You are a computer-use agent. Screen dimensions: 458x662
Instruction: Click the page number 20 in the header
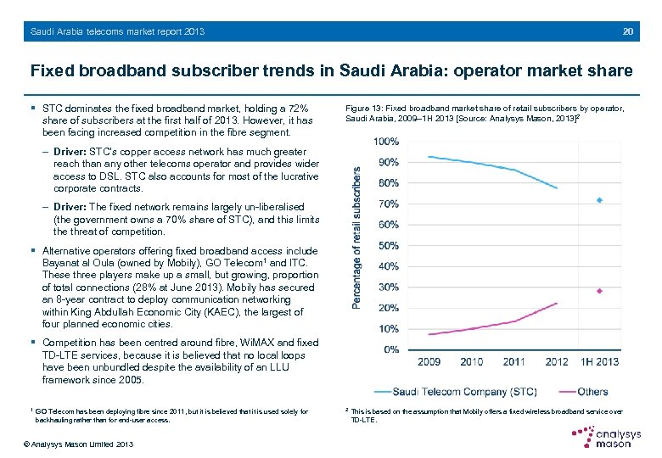pos(627,32)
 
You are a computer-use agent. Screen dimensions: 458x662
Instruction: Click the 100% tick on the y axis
pos(387,141)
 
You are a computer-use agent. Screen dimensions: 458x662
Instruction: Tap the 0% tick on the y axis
pos(391,349)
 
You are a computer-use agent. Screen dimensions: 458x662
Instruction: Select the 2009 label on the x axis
pos(429,362)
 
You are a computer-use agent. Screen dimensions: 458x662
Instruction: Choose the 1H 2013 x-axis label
pos(599,362)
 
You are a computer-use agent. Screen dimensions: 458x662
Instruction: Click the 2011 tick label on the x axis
pos(514,362)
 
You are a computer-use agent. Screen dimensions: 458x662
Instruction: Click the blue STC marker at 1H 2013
pos(599,200)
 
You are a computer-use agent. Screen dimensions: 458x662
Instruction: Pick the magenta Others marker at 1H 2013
pos(599,291)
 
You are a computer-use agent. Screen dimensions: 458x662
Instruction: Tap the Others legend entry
pos(592,391)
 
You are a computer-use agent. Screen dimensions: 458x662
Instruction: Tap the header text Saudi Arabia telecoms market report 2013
pos(117,32)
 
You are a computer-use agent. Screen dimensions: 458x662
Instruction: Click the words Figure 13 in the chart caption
pos(366,109)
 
